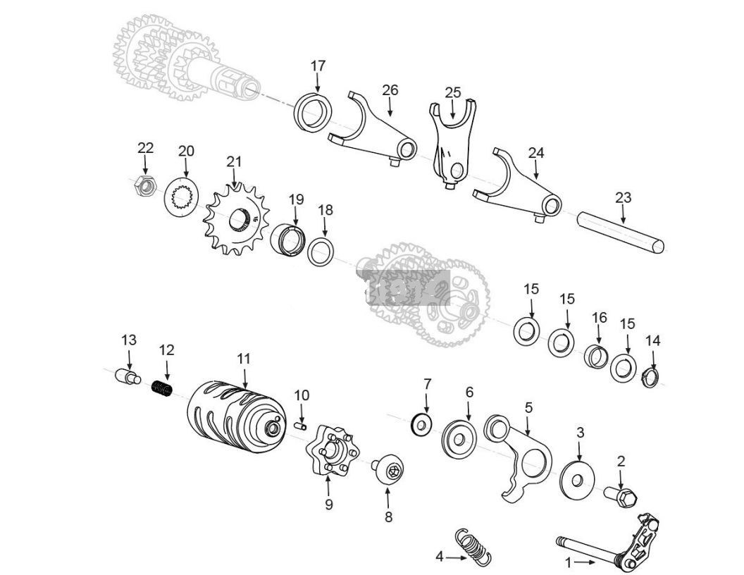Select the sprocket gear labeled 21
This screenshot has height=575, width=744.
232,219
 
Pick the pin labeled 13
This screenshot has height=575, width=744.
128,377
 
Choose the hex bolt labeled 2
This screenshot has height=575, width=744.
621,496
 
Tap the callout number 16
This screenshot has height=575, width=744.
599,318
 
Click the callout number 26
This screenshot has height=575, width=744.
390,89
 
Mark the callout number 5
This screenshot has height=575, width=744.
528,407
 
